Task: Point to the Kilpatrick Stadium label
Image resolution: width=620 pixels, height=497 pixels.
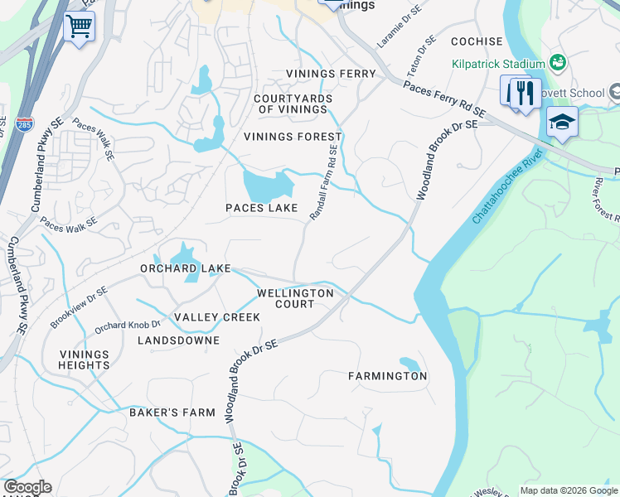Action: pos(498,64)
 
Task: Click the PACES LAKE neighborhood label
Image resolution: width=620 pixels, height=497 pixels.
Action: pos(262,208)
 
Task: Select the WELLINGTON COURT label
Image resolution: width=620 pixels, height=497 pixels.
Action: pos(295,298)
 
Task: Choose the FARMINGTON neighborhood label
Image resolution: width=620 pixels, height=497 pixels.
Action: pos(387,376)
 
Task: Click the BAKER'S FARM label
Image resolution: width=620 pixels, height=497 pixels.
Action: pos(172,412)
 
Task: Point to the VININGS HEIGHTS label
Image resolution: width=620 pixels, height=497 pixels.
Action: pos(84,359)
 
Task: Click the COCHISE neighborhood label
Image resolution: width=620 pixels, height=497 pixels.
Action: pos(477,41)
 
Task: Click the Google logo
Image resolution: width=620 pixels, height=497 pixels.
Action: pos(27,487)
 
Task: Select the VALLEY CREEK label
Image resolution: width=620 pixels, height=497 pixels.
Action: pos(217,317)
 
